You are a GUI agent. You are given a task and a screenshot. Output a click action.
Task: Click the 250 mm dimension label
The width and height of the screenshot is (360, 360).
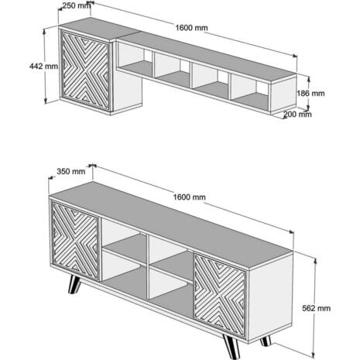[x=77, y=5]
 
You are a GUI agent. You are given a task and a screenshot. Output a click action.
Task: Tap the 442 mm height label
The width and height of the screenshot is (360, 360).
[x=43, y=66]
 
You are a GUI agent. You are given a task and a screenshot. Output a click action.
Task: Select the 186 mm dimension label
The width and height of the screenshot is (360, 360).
[x=310, y=93]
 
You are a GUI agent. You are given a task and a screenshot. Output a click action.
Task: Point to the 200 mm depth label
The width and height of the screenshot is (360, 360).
[x=297, y=114]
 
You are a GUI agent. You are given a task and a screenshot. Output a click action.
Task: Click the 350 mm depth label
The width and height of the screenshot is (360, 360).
[x=71, y=171]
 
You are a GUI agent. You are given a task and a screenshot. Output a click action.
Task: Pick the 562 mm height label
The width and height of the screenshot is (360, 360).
[x=317, y=308]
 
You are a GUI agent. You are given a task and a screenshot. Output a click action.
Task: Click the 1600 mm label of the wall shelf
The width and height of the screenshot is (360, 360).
[x=191, y=28]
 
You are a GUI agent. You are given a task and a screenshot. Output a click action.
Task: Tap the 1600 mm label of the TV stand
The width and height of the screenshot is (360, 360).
[x=189, y=197]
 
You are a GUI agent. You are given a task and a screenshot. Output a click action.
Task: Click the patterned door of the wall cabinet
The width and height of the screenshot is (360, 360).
[x=85, y=70]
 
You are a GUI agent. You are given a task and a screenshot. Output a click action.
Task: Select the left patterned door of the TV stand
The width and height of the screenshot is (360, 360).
[x=75, y=241]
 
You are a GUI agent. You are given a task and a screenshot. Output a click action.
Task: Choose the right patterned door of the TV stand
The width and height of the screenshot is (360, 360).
[x=220, y=295]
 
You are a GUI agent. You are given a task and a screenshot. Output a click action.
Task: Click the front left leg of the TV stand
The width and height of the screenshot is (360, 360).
[x=75, y=285]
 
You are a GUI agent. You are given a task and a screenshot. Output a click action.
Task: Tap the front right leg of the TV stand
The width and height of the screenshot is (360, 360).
[x=231, y=347]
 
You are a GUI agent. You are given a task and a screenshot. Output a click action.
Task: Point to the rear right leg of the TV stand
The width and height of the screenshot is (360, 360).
[x=266, y=341]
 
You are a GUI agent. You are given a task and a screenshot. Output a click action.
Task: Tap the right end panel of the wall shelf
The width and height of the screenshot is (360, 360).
[x=283, y=95]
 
